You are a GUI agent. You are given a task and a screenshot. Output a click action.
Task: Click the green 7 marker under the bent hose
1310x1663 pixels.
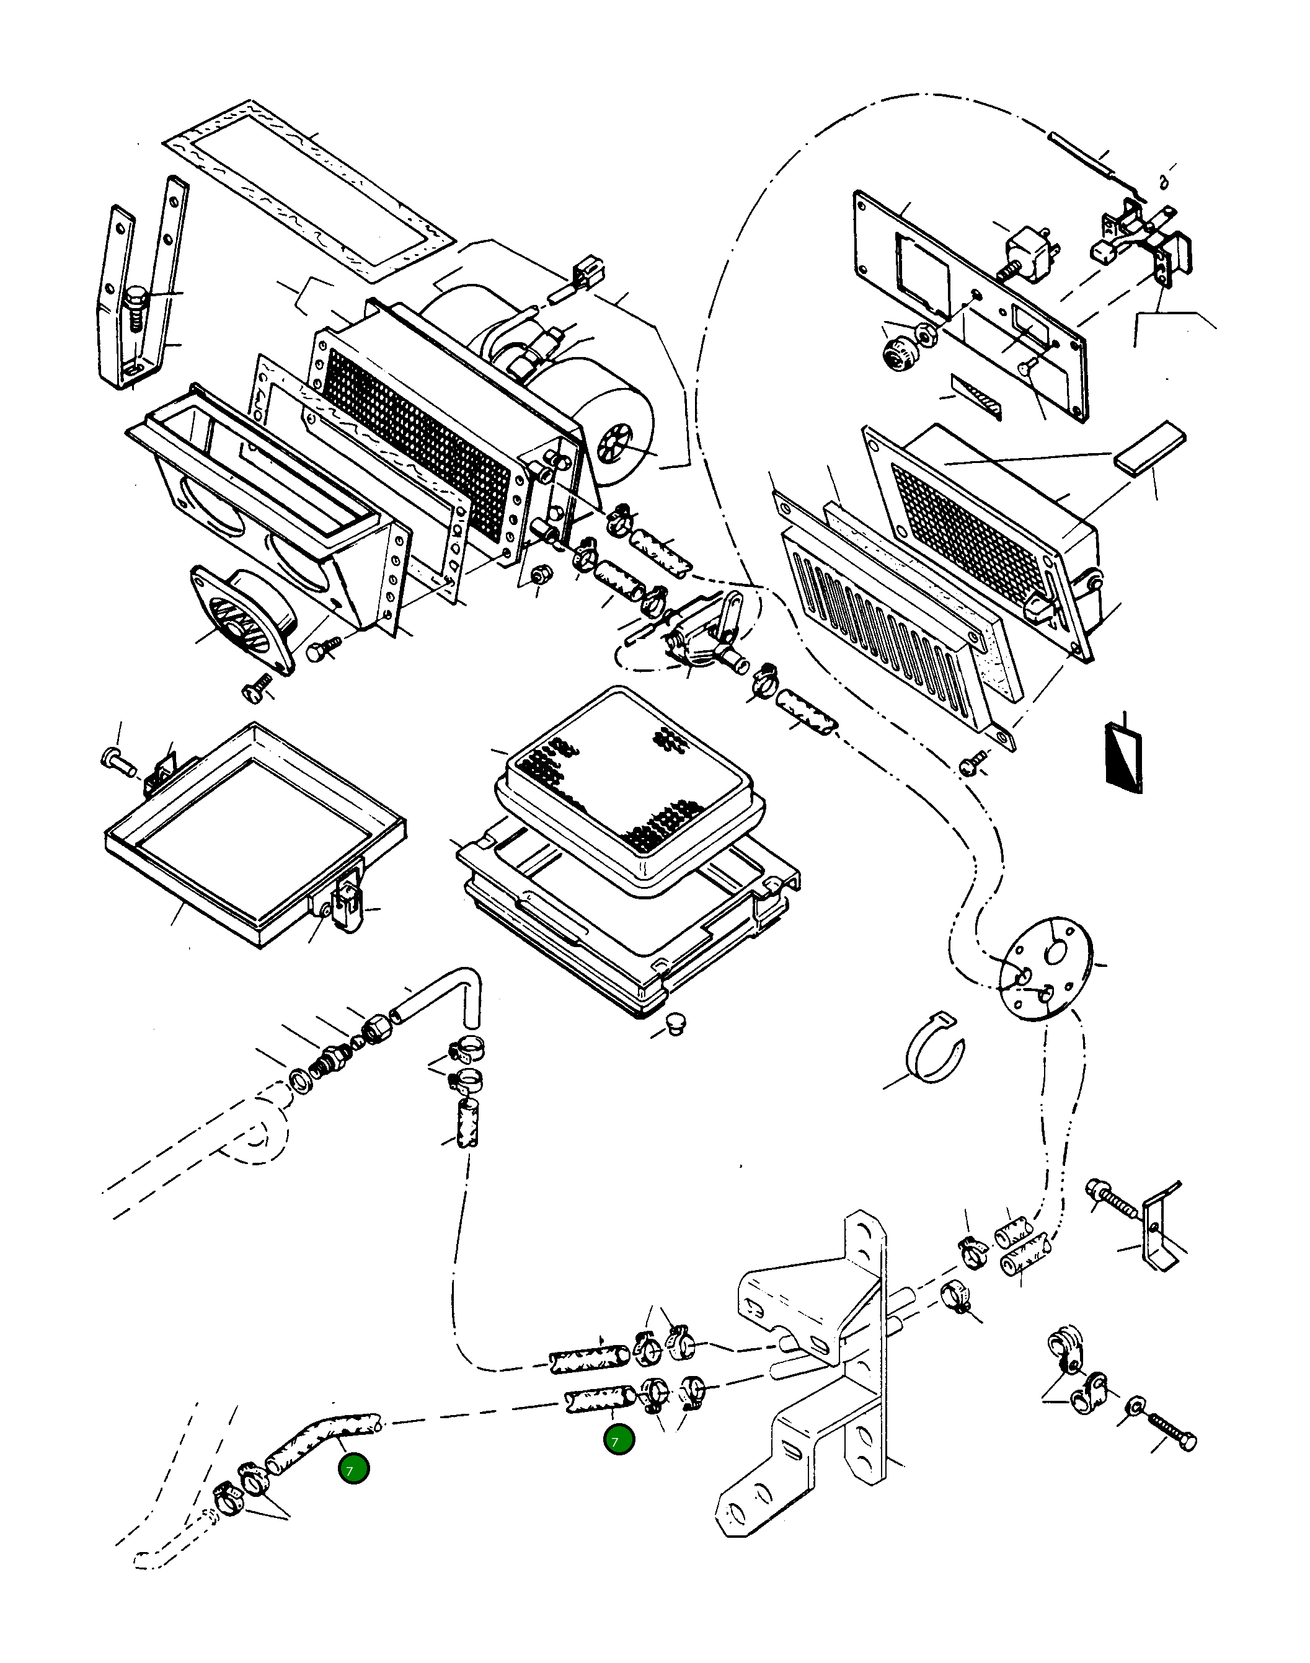coord(353,1470)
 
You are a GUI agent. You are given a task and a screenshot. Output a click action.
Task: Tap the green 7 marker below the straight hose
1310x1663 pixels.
coord(618,1440)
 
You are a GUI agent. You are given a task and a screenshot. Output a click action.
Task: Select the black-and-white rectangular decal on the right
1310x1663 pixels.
coord(1123,758)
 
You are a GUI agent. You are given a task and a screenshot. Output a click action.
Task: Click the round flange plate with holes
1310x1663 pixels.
coord(1047,968)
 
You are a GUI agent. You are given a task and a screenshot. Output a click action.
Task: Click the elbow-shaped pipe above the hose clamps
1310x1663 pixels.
coord(437,997)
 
